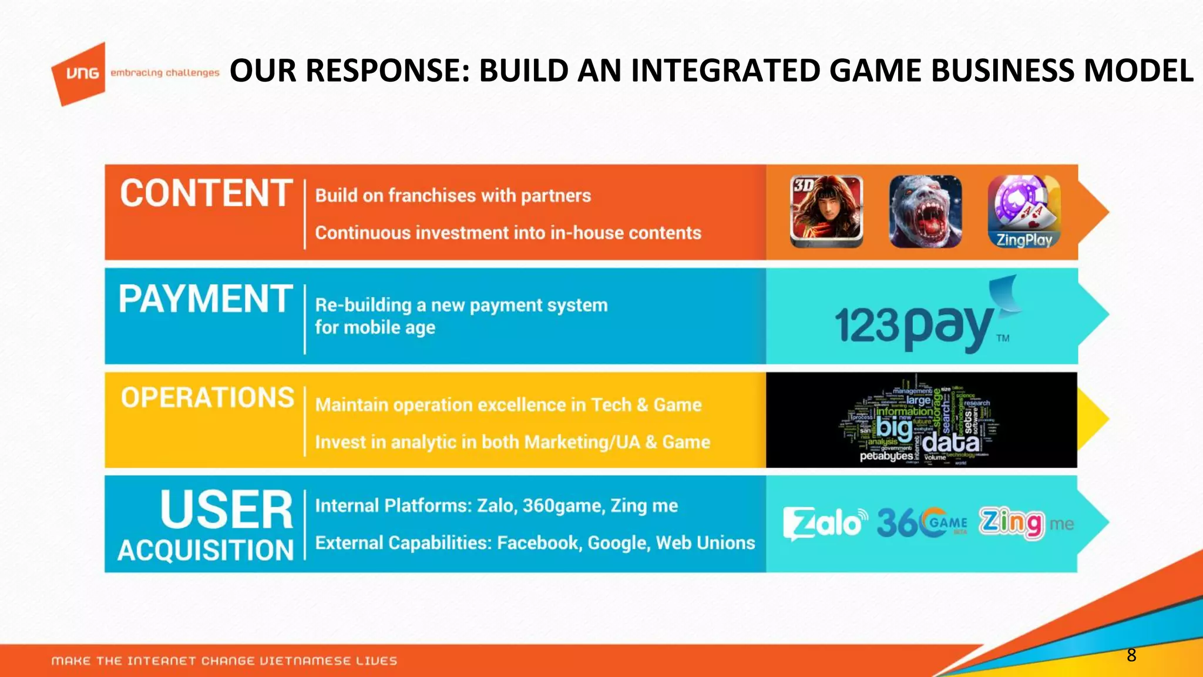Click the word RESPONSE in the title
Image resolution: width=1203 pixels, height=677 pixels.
(x=388, y=71)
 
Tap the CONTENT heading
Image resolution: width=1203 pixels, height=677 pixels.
(x=206, y=193)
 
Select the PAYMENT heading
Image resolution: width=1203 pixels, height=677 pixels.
(x=205, y=299)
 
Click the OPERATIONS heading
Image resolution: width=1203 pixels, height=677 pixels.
(x=207, y=398)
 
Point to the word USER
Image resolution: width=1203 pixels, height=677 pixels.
(x=226, y=510)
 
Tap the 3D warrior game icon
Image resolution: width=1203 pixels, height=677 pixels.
(x=826, y=211)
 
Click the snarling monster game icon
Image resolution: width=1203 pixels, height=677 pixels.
(x=925, y=211)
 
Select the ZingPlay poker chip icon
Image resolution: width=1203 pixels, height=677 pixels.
(x=1024, y=211)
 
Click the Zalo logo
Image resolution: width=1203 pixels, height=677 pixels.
(x=825, y=522)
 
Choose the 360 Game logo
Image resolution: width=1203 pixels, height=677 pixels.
(x=922, y=522)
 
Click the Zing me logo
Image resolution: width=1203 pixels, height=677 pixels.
(x=1025, y=522)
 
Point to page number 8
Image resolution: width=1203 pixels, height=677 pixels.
(x=1131, y=655)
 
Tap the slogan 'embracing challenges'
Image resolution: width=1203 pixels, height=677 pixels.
(x=164, y=73)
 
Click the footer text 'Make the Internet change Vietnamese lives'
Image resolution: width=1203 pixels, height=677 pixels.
(x=224, y=661)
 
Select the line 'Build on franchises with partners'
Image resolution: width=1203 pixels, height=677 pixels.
(x=453, y=196)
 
